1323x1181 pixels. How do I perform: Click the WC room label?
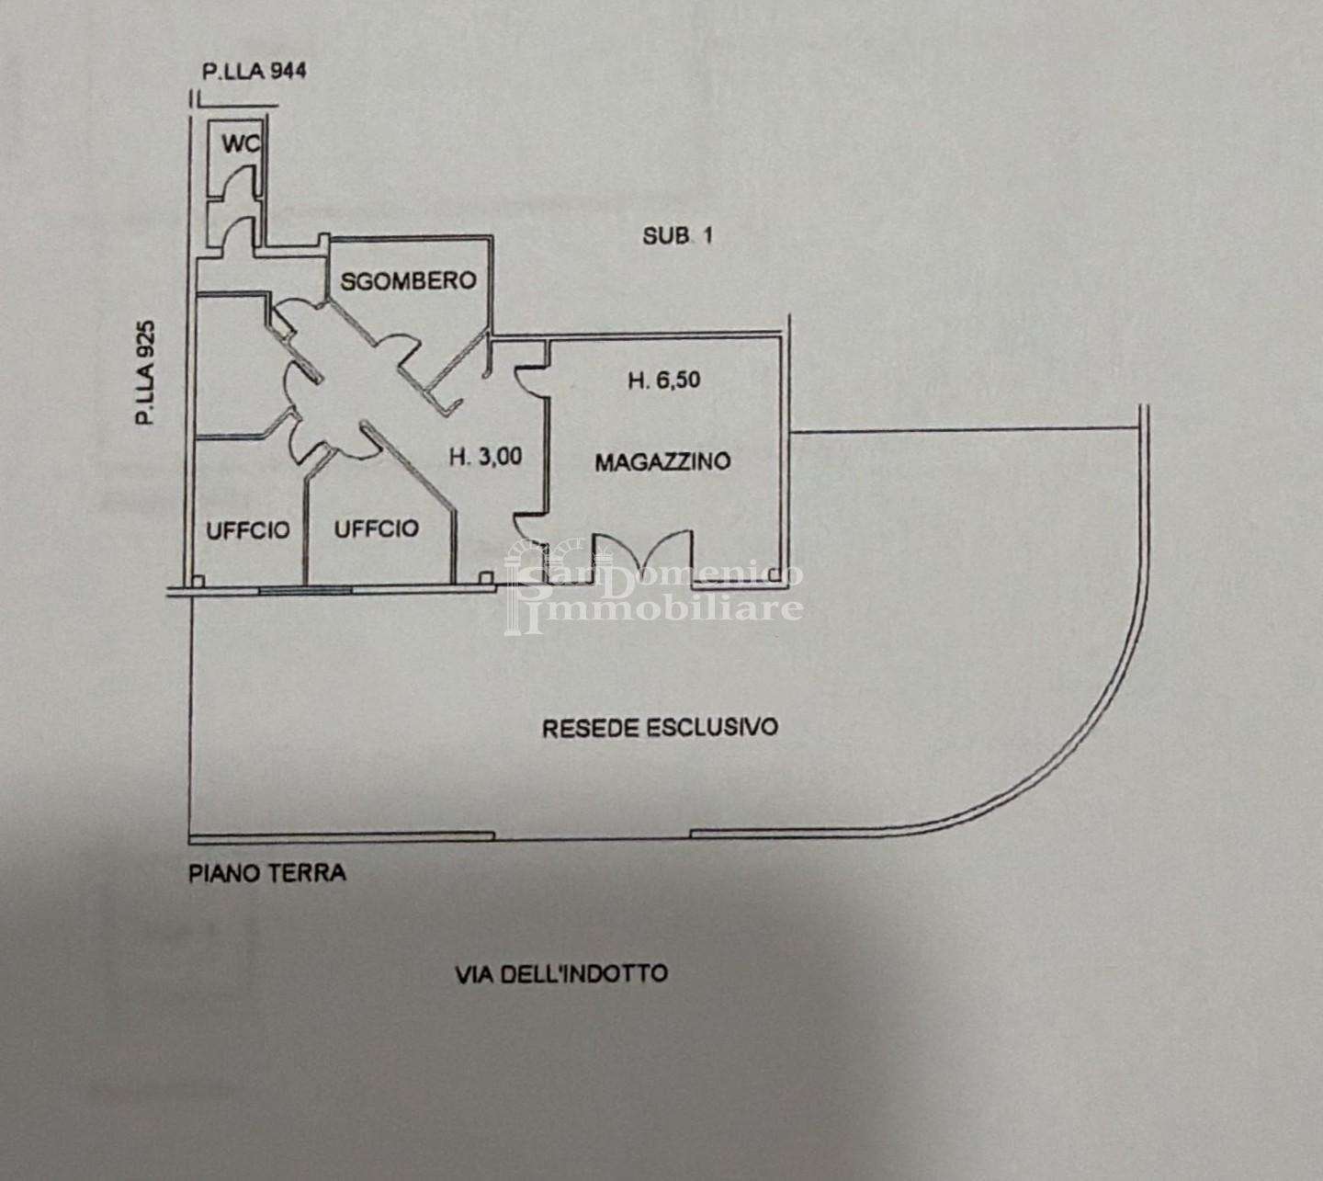click(x=241, y=143)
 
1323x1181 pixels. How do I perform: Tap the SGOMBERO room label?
click(x=408, y=281)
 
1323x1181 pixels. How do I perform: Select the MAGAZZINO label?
click(x=662, y=461)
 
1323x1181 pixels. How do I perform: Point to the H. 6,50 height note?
click(x=664, y=380)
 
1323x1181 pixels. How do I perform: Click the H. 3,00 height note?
click(x=486, y=457)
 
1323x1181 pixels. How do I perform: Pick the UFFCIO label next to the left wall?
click(x=248, y=529)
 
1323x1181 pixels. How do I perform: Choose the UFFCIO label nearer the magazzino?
click(x=377, y=528)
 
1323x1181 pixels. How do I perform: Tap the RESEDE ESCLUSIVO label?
click(x=661, y=727)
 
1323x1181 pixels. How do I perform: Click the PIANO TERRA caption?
click(x=267, y=873)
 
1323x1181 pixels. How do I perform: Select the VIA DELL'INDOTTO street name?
click(x=561, y=974)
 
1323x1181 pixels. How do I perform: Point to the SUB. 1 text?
click(x=677, y=235)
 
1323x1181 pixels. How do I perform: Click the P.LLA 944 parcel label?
click(x=254, y=71)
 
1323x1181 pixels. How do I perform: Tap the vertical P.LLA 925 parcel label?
click(x=147, y=372)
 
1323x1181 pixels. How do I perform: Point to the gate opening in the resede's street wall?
click(x=593, y=836)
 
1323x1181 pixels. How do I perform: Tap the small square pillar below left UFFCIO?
click(x=198, y=581)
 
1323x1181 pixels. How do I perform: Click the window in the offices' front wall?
click(x=306, y=590)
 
